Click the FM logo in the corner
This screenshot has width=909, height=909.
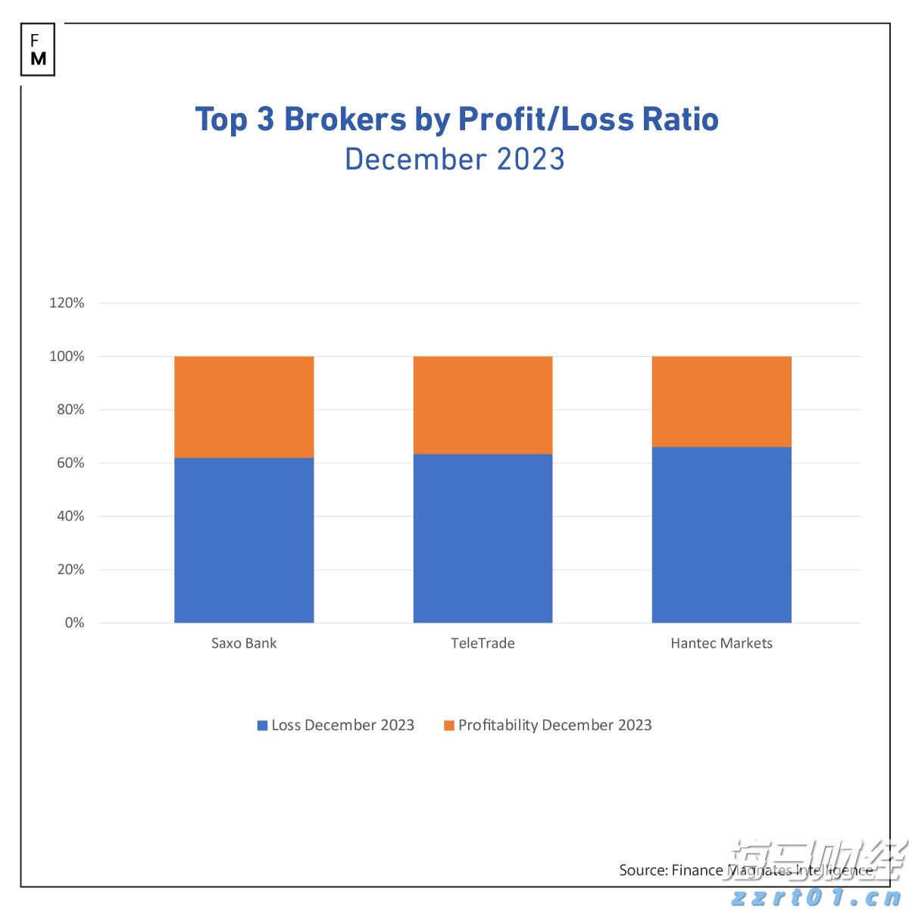38,50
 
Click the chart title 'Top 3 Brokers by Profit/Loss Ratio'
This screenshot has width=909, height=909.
457,120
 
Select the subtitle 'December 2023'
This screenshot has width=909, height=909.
454,160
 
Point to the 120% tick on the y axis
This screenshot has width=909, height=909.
67,303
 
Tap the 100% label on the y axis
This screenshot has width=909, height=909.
67,356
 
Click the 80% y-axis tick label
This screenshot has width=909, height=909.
70,410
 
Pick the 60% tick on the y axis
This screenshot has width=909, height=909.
70,463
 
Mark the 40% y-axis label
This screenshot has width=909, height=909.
70,516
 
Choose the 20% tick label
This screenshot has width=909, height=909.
70,570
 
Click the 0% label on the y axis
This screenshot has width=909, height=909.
74,623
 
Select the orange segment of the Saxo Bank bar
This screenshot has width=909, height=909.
244,407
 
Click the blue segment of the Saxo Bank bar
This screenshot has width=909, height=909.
244,540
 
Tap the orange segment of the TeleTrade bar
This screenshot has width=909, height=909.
483,405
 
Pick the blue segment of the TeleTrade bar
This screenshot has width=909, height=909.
483,539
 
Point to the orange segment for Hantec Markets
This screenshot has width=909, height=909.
721,401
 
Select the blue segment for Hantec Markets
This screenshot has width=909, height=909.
721,535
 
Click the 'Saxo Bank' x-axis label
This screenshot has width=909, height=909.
244,643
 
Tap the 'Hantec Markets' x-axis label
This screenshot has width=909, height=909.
721,643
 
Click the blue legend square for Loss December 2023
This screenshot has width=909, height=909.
263,726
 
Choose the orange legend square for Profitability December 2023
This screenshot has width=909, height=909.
449,726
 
